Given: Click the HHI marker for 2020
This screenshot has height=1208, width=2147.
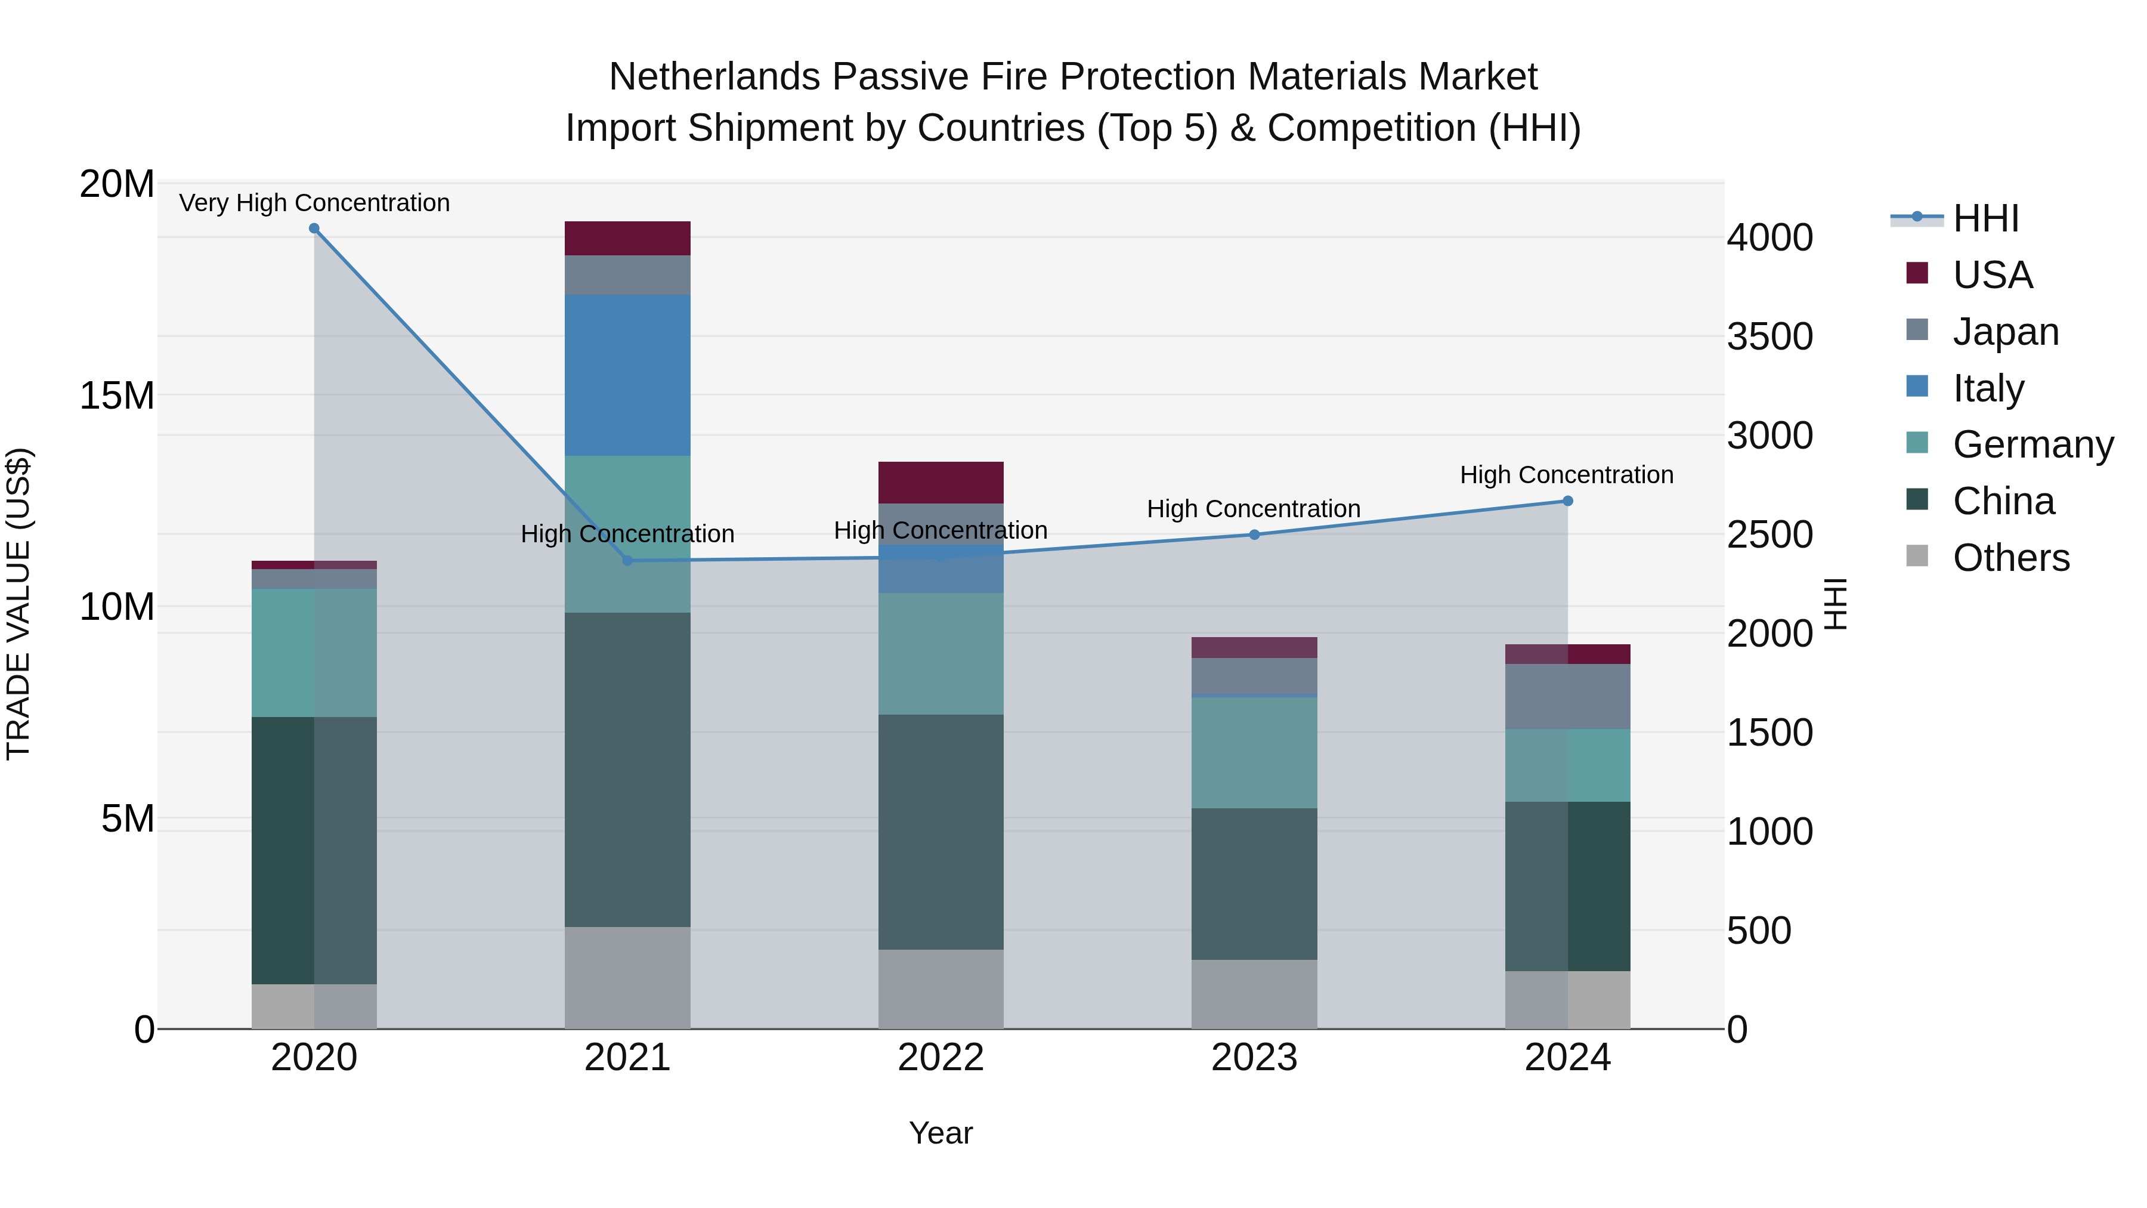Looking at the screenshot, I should click(314, 228).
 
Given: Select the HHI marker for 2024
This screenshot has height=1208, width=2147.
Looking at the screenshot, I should click(1567, 501).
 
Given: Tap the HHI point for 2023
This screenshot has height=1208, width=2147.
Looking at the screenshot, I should click(1254, 535).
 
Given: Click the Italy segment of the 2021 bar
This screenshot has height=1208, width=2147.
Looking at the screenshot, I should click(627, 375).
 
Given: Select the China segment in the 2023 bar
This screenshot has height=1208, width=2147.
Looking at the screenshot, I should click(1254, 883).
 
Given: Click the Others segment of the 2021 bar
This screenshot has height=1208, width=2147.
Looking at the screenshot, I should click(627, 977).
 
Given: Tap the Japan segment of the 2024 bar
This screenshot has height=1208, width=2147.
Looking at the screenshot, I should click(1567, 696).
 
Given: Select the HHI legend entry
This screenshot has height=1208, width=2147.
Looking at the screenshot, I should click(1984, 218).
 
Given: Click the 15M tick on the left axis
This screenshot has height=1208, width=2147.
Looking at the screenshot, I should click(117, 395).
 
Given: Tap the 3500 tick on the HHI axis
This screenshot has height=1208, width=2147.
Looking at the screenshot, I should click(1769, 337).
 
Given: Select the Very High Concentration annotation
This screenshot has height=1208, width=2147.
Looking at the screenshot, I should click(314, 203).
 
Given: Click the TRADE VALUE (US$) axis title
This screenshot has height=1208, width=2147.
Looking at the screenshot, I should click(18, 604).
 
